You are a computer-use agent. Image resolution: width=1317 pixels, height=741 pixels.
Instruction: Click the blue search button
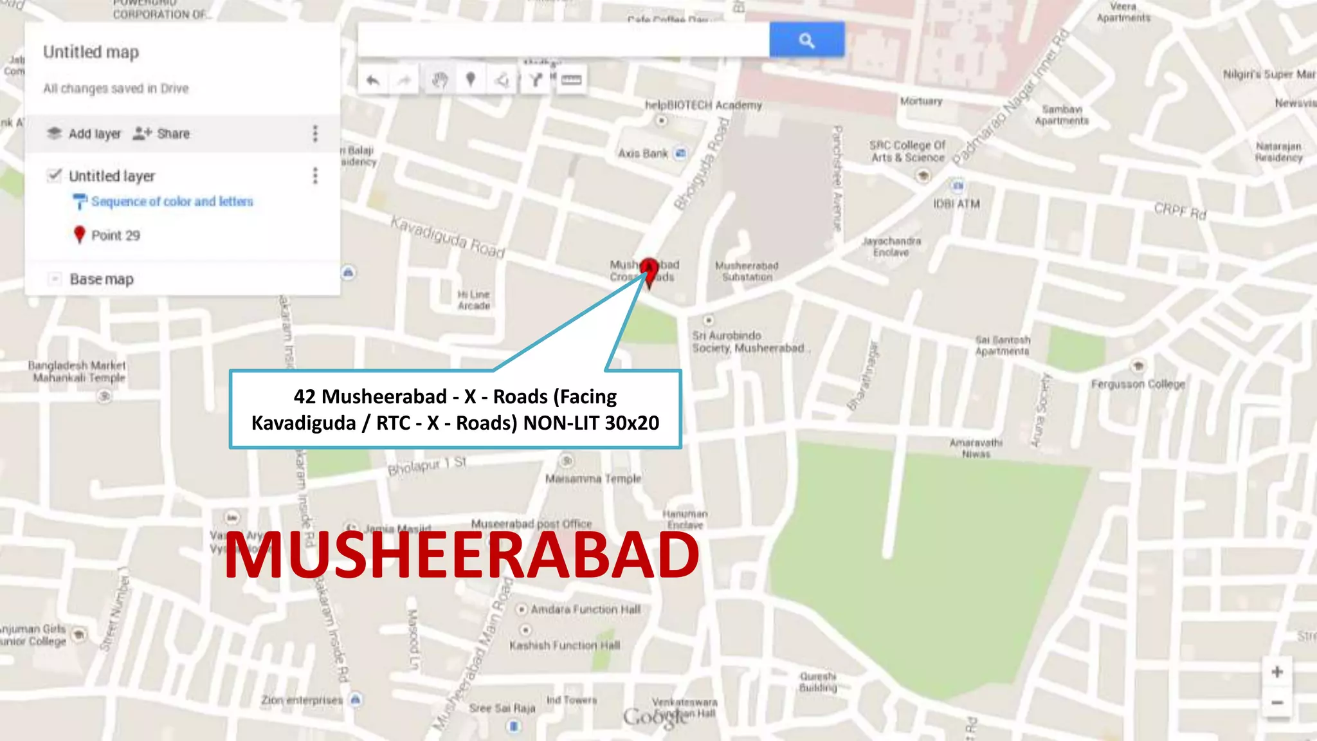(806, 40)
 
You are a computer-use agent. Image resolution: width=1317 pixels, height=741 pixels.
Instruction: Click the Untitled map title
(91, 52)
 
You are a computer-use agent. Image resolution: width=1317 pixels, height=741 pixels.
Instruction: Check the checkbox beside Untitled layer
(55, 176)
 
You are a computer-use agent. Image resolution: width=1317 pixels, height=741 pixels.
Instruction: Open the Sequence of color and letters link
(172, 201)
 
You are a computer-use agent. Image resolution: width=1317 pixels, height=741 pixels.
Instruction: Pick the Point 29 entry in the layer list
(115, 235)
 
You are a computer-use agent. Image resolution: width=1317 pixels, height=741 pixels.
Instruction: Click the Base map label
(102, 279)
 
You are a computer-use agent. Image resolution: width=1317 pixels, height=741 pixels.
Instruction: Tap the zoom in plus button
(1277, 672)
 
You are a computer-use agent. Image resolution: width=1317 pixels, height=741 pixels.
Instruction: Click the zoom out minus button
(1277, 702)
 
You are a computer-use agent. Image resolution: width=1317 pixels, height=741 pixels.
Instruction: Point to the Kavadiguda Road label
(448, 237)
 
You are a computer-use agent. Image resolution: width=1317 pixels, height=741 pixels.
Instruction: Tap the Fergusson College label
(1138, 384)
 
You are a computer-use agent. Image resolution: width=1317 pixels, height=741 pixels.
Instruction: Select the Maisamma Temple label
(593, 479)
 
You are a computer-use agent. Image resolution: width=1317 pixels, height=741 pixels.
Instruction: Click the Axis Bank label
(643, 153)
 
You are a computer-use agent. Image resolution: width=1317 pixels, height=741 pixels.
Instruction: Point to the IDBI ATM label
(957, 204)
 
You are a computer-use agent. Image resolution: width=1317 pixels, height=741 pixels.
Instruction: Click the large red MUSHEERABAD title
(461, 554)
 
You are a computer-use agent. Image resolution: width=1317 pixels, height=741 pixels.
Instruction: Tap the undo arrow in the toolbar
(373, 80)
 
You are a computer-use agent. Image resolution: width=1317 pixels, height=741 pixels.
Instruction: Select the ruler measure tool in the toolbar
(571, 80)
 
